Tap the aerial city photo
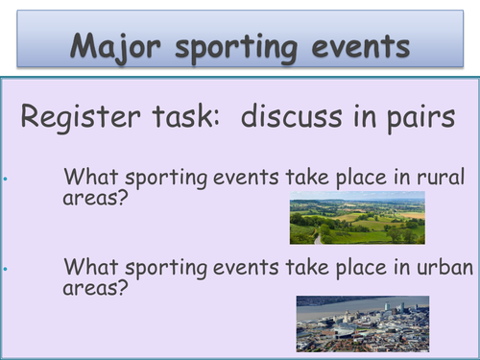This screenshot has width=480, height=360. [362, 324]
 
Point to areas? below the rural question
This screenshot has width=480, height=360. [95, 201]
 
